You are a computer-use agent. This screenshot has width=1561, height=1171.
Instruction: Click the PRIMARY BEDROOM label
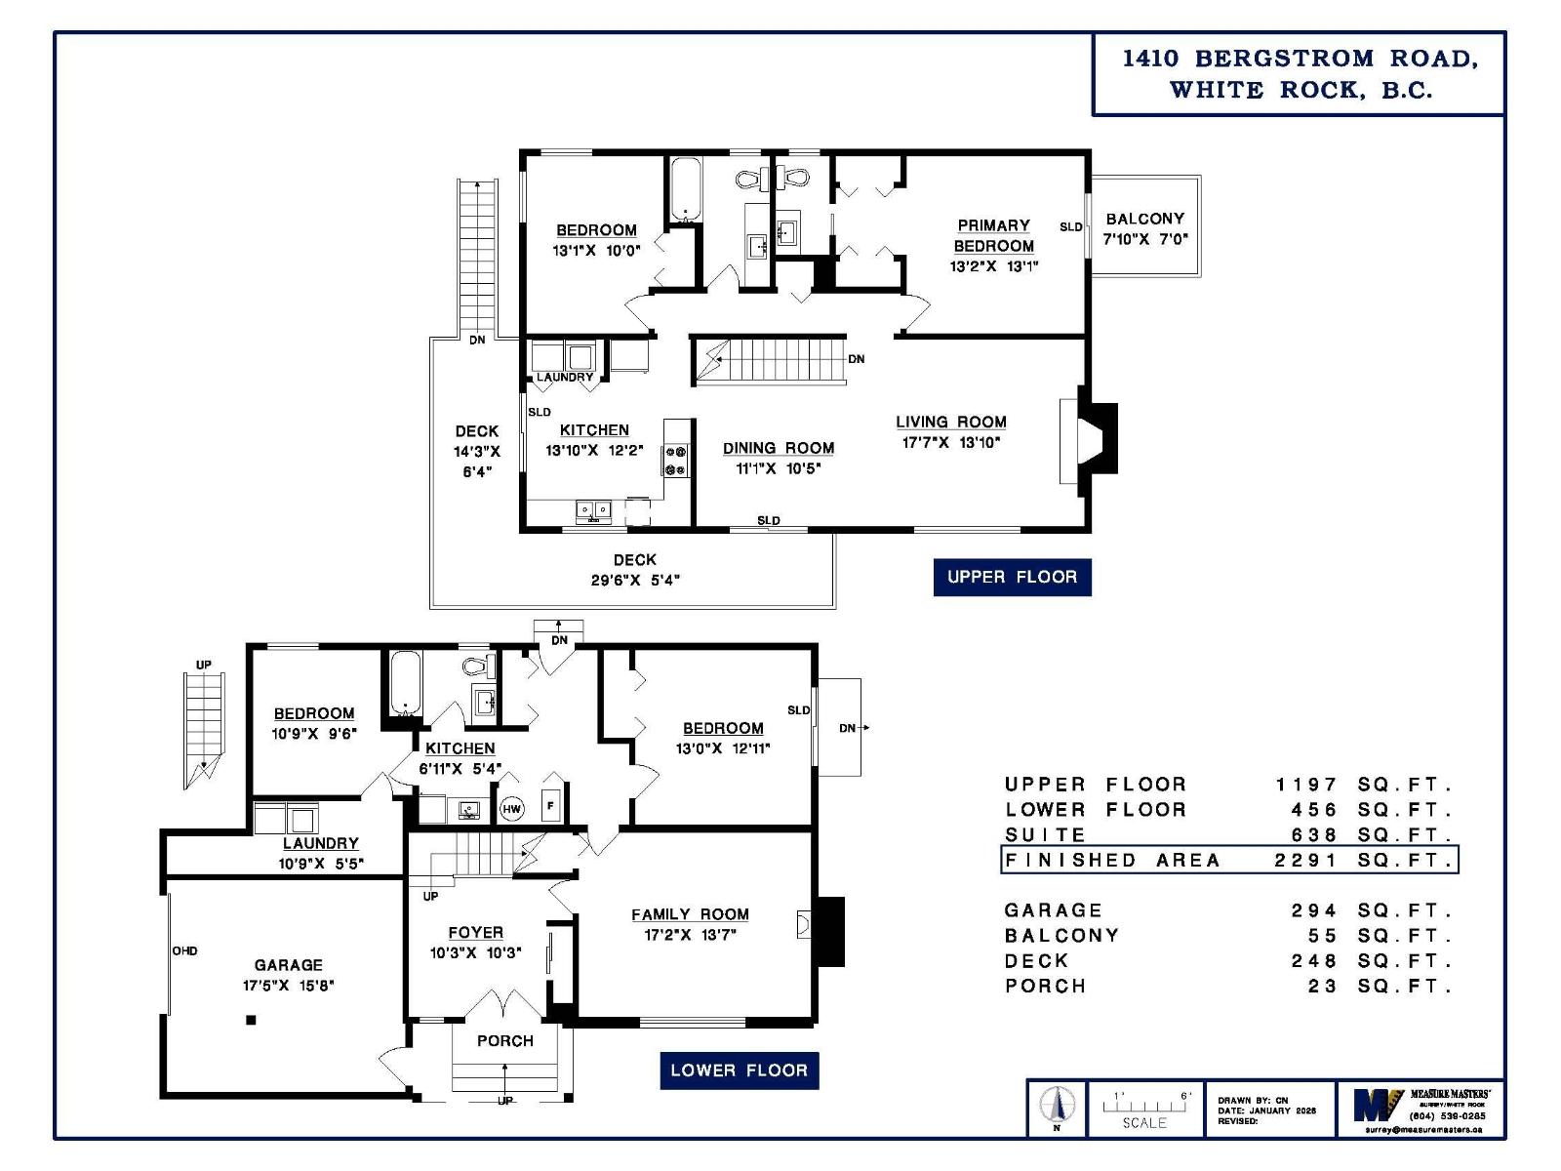click(993, 235)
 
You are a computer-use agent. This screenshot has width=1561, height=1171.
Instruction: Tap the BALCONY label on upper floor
click(1144, 219)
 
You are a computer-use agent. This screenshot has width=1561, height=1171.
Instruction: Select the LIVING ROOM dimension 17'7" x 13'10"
click(950, 442)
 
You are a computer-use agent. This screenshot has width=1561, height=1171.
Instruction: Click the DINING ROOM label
click(778, 448)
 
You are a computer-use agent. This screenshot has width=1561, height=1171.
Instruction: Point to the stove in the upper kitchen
click(675, 461)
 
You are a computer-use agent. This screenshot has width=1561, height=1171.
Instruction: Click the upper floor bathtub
click(686, 189)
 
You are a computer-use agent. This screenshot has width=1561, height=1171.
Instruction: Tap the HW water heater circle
click(511, 808)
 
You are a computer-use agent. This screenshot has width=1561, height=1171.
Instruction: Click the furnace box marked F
click(551, 806)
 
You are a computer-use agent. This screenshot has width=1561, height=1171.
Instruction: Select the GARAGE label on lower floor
click(288, 964)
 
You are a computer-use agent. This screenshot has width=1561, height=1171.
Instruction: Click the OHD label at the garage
click(184, 950)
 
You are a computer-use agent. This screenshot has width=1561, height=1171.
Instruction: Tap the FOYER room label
click(475, 932)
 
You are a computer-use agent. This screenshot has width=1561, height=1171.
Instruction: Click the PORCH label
click(504, 1040)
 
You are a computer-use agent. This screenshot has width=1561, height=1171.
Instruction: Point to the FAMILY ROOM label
click(690, 914)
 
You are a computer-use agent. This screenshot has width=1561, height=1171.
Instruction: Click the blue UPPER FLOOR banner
click(1012, 577)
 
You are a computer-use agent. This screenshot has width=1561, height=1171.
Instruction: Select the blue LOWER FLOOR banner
click(739, 1070)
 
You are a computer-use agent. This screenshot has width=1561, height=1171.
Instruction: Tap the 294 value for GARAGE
click(1313, 910)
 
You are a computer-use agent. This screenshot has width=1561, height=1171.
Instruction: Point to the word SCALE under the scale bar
click(1143, 1123)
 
